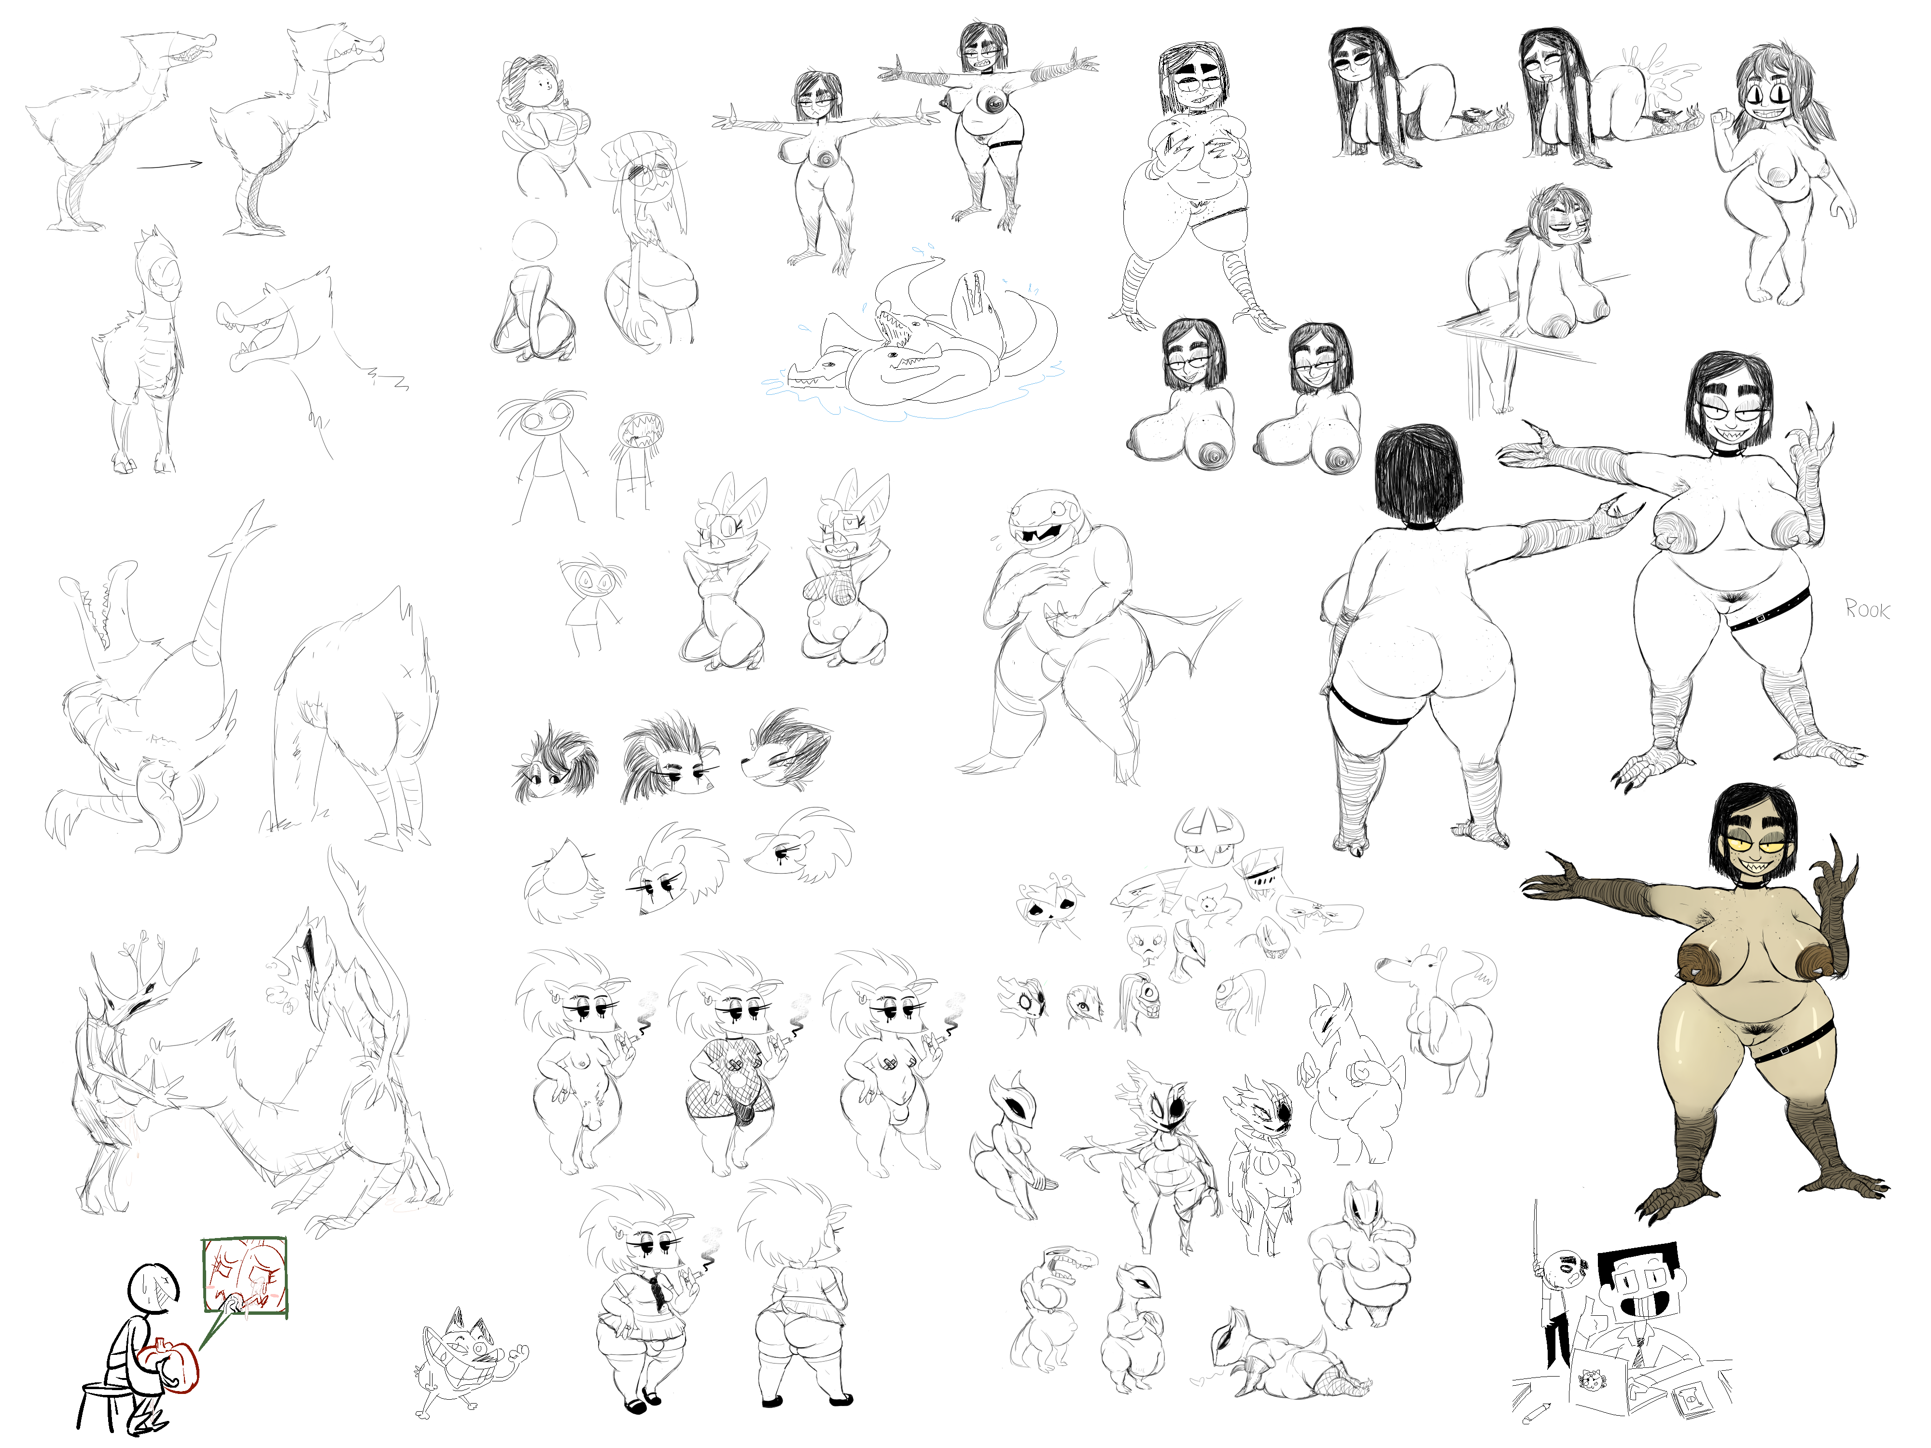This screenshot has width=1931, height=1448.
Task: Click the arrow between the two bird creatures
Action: pos(170,163)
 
